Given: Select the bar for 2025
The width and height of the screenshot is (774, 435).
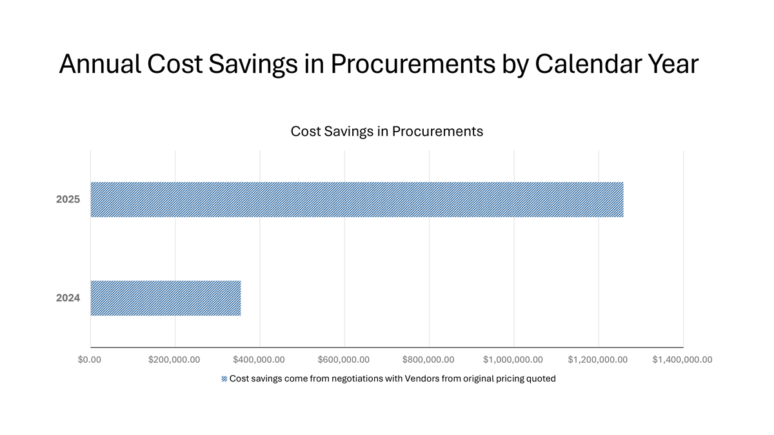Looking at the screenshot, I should [357, 200].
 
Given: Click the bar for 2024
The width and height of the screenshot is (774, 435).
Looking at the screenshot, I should [166, 298].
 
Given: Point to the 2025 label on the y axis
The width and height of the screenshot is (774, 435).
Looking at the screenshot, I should [68, 200].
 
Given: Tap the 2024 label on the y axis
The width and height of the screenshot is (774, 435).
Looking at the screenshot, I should [68, 298].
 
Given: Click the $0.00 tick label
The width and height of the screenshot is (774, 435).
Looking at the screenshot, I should [90, 360].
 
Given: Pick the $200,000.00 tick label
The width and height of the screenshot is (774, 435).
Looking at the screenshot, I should [174, 360].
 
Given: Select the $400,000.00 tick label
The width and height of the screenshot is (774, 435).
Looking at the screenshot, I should [259, 360].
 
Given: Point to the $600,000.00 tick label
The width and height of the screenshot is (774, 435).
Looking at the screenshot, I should [344, 360].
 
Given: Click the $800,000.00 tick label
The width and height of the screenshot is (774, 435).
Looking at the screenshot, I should [428, 360].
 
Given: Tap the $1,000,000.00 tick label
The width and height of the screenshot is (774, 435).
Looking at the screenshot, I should [513, 360].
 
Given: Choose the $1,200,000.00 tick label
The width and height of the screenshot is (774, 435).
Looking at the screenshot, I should [597, 360].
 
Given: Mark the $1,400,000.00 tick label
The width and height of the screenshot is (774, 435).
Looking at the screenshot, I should [682, 360].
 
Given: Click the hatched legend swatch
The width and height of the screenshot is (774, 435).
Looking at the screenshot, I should [224, 379].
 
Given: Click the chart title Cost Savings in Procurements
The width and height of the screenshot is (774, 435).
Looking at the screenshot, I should [386, 131].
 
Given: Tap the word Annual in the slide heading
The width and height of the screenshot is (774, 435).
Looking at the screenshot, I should [99, 64].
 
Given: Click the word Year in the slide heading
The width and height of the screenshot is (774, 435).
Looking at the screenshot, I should [672, 64].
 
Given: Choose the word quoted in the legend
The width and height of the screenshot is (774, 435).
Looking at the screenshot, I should [541, 379].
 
